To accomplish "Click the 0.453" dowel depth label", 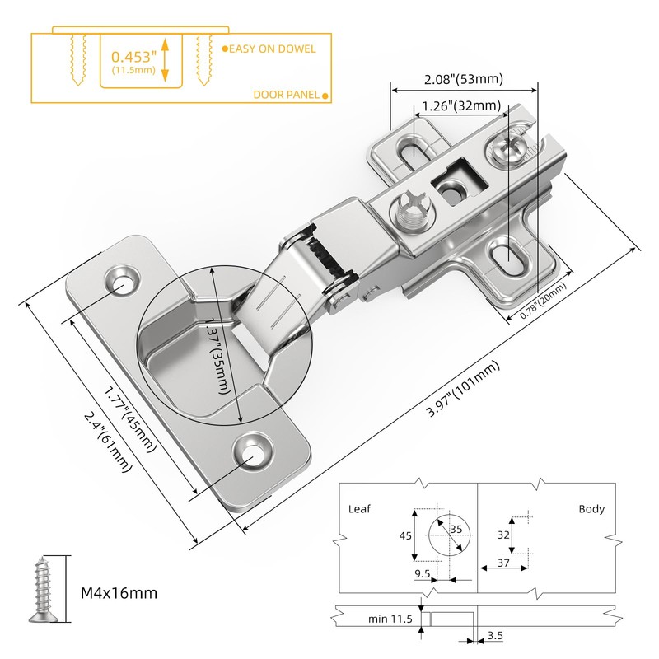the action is click(x=133, y=57).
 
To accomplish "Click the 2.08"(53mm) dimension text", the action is click(x=464, y=79).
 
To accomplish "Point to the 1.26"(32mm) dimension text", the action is click(x=461, y=105).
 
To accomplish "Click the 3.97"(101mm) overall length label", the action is click(x=463, y=388).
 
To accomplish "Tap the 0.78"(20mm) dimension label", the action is click(x=543, y=301).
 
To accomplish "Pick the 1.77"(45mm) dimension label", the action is click(x=130, y=419).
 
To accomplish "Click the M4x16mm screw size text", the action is click(x=119, y=593).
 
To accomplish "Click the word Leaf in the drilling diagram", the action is click(x=359, y=509).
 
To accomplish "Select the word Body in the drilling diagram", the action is click(x=591, y=509).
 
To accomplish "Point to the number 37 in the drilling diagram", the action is click(x=503, y=563).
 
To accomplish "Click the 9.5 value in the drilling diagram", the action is click(x=423, y=573).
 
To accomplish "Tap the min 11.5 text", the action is click(x=390, y=619).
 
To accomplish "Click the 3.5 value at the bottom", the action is click(x=495, y=635).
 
